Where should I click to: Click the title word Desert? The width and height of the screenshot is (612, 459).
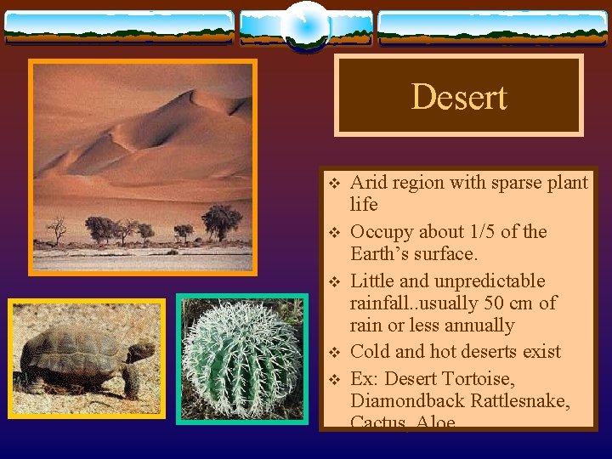click(458, 97)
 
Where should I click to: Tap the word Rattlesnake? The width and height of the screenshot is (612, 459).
click(520, 400)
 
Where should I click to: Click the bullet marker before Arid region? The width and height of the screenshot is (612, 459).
click(334, 183)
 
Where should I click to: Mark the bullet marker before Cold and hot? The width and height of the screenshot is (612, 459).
click(334, 352)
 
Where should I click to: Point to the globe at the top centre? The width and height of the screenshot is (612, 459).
click(305, 25)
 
